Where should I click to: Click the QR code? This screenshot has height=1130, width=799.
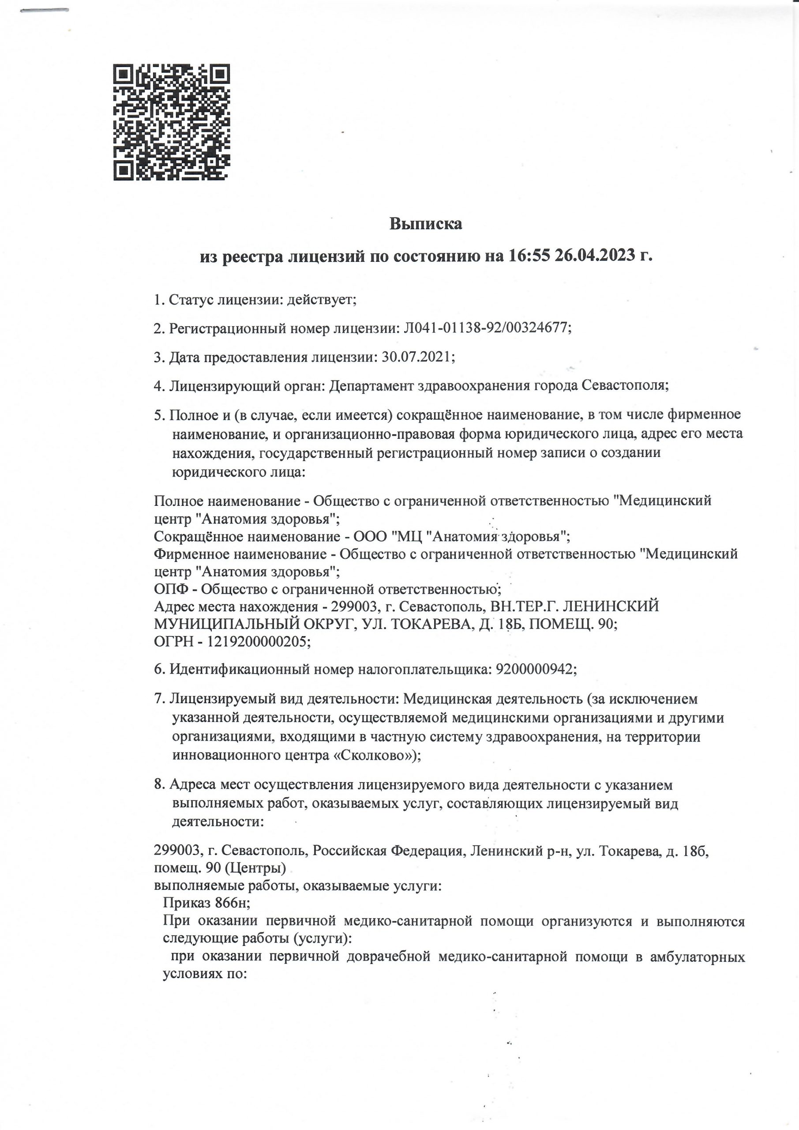(172, 122)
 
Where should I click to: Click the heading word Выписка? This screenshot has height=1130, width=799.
(426, 224)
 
